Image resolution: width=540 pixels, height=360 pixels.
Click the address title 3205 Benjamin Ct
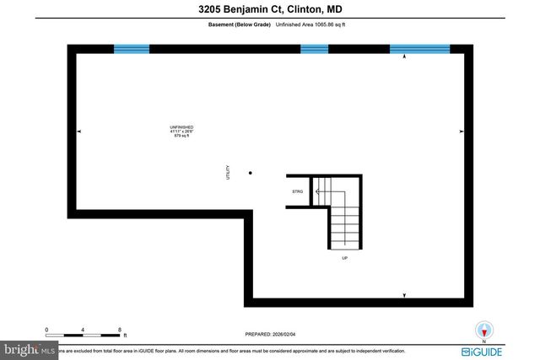click(269, 9)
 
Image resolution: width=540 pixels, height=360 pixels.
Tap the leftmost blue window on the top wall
click(132, 49)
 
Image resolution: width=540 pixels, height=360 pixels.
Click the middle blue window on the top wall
click(314, 49)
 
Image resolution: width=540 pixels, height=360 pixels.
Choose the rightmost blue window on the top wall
click(420, 49)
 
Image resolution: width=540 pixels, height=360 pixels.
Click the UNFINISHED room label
click(181, 127)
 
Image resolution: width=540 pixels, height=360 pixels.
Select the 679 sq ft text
click(181, 136)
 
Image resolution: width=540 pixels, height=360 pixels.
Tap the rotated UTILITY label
click(227, 172)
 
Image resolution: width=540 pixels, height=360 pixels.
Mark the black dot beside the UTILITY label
click(250, 172)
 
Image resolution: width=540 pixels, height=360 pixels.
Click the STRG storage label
click(297, 192)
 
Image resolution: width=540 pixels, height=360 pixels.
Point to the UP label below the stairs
click(344, 258)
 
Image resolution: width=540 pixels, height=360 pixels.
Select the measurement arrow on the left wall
click(80, 132)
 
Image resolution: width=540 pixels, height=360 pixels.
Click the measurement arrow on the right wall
click(461, 132)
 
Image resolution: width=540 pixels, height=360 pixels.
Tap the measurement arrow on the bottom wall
click(404, 294)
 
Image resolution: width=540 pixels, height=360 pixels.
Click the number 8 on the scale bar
click(120, 330)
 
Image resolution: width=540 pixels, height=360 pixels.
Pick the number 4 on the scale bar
click(84, 330)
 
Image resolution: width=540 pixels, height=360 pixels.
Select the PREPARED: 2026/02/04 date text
click(270, 334)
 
